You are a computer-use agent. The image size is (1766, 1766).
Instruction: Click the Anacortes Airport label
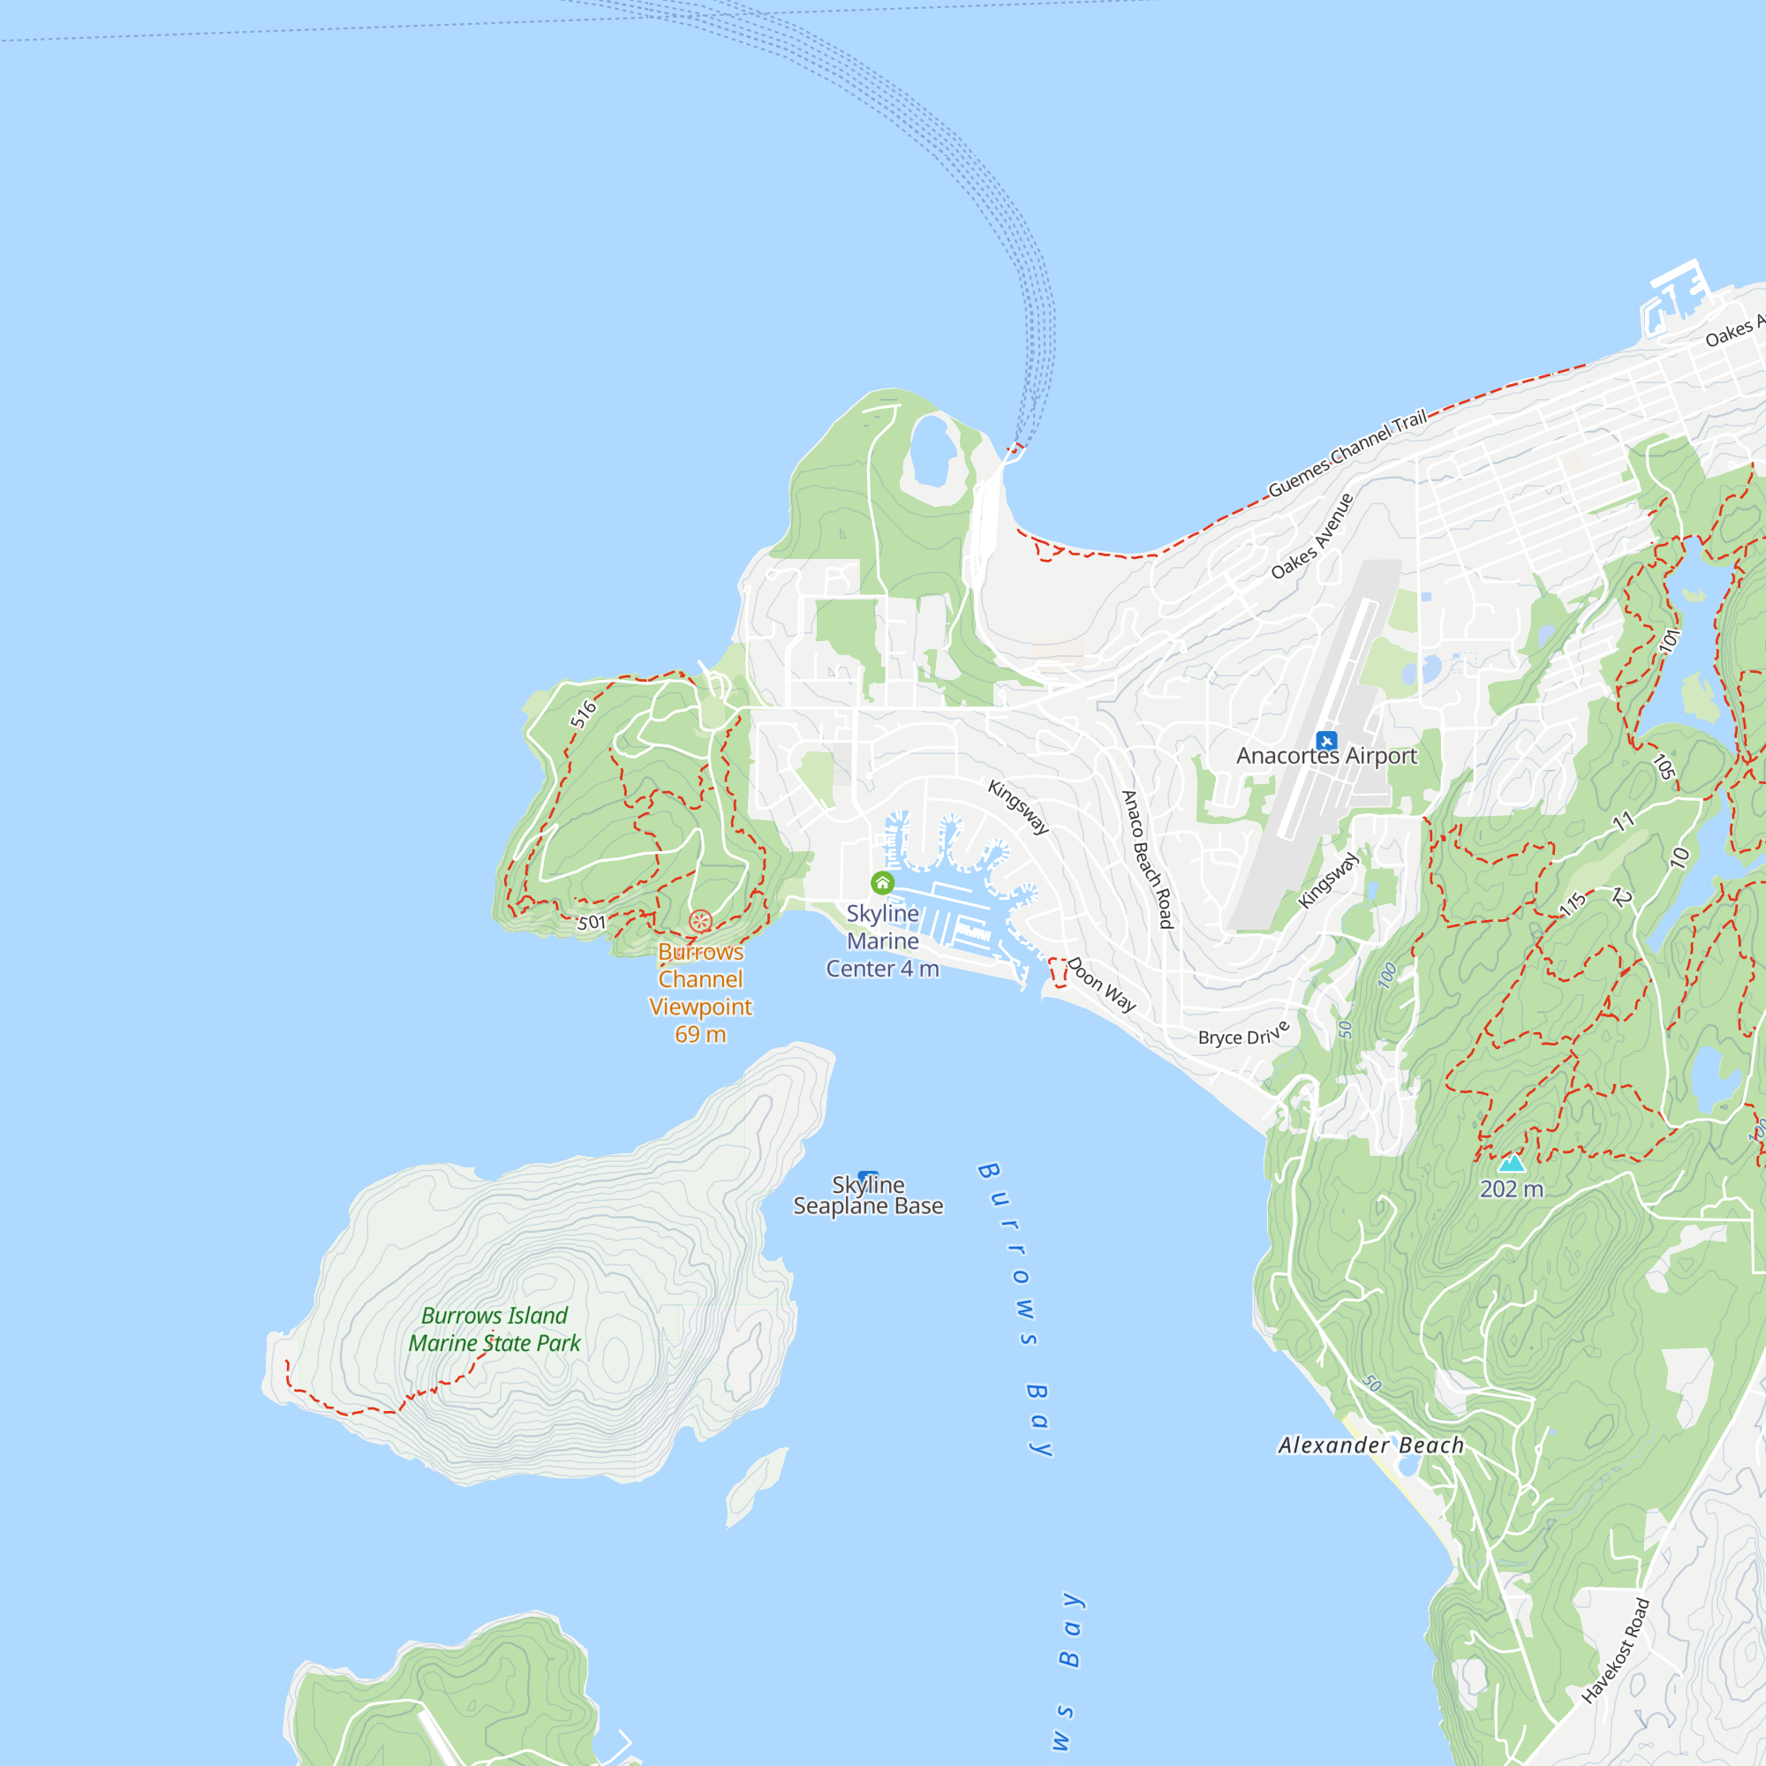(1326, 756)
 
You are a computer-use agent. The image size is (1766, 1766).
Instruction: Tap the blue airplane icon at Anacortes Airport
(1326, 741)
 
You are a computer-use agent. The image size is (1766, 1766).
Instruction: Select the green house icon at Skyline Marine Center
(882, 883)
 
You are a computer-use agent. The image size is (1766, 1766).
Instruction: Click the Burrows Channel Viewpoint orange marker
(701, 920)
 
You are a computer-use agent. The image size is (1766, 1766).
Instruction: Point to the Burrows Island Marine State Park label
(494, 1329)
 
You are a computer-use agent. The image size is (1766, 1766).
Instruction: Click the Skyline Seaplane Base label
(867, 1196)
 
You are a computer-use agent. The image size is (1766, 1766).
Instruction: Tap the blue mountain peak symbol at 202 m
(1512, 1163)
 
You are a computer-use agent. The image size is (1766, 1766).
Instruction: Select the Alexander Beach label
(1371, 1445)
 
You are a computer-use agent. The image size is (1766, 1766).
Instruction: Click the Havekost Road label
(1615, 1651)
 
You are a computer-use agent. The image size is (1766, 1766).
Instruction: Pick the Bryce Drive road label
(1243, 1034)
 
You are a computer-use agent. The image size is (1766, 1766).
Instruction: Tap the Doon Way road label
(1101, 985)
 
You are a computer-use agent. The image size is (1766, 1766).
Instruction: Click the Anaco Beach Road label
(1147, 859)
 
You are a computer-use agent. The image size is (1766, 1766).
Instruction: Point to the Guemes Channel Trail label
(1347, 453)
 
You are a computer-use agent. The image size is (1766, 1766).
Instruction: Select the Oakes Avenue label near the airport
(1312, 537)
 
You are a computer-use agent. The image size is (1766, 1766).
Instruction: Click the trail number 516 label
(583, 713)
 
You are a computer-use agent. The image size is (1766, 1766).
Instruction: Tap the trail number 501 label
(592, 923)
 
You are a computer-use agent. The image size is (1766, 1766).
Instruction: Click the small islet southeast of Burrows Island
(755, 1484)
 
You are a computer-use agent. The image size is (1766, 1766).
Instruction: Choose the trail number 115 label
(1573, 904)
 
